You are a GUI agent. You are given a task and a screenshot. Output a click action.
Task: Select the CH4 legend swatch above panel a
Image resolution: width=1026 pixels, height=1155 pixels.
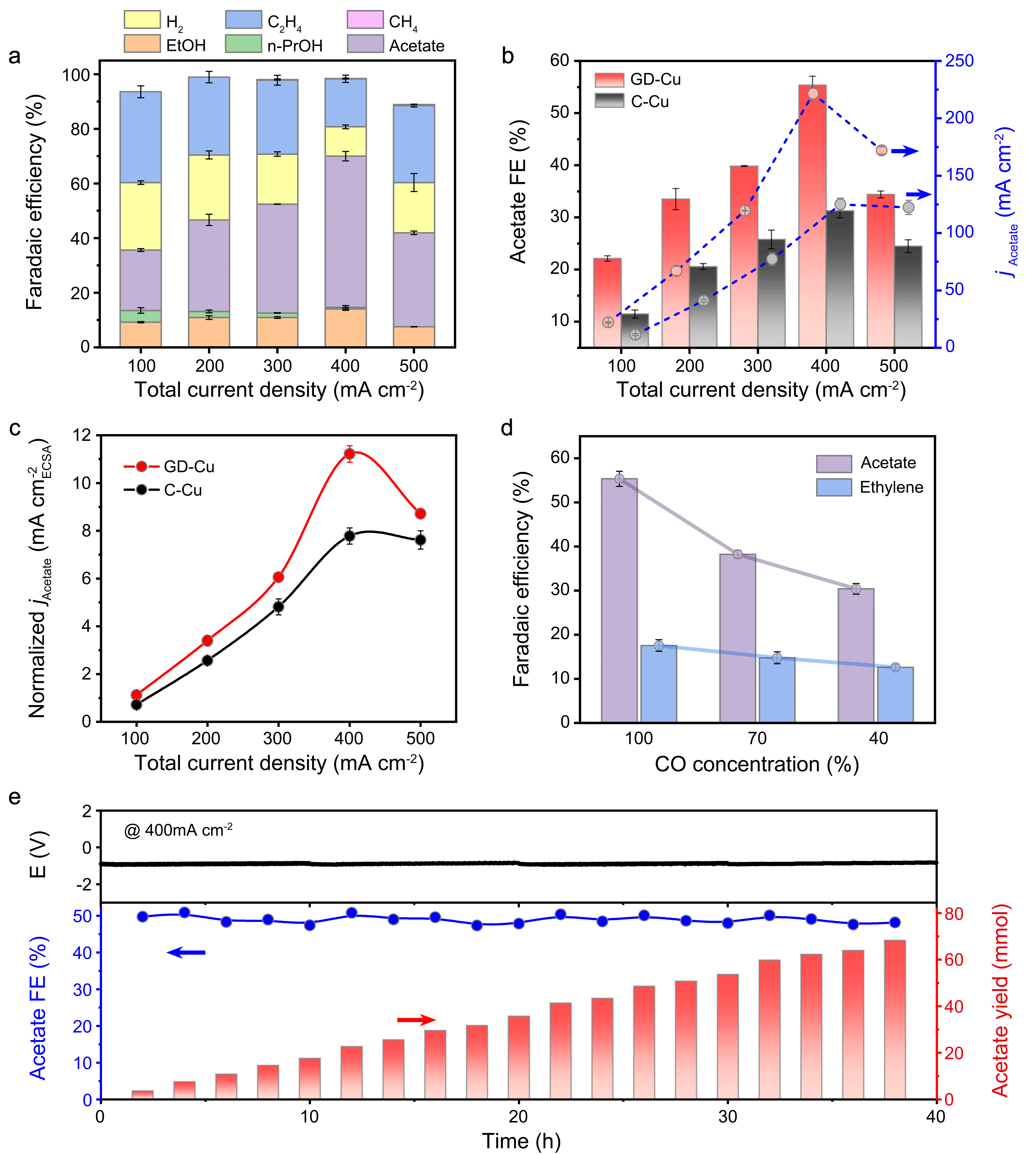click(365, 20)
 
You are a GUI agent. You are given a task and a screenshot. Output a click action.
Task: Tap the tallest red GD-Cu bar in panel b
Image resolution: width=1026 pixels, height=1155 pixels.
click(812, 215)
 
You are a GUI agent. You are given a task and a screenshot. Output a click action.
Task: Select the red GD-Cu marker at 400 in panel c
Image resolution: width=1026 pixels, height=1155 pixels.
click(349, 454)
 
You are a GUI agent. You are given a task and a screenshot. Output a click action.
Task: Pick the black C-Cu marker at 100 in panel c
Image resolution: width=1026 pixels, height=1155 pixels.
click(136, 705)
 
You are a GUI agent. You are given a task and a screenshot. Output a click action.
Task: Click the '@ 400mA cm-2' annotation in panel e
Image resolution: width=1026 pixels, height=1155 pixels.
click(178, 830)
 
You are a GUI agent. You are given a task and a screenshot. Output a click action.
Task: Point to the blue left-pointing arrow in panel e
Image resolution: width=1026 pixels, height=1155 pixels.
click(186, 953)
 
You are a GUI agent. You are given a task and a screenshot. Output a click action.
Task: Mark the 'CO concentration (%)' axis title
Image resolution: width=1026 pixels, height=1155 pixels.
click(757, 765)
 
